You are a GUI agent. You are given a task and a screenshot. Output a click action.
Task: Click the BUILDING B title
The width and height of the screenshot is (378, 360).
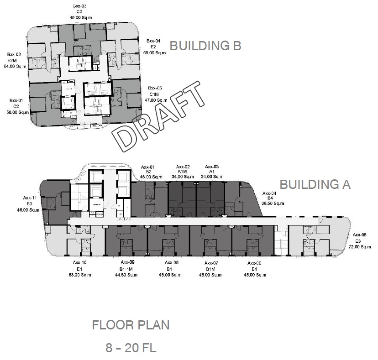click(x=205, y=46)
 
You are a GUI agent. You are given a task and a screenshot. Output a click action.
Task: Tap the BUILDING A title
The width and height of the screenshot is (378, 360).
click(x=315, y=184)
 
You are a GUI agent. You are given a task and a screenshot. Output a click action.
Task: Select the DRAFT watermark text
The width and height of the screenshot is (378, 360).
click(x=159, y=116)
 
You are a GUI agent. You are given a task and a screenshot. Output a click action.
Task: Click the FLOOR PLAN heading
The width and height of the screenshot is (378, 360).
click(x=131, y=325)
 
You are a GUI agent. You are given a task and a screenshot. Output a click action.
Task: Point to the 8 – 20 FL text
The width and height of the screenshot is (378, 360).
click(x=131, y=348)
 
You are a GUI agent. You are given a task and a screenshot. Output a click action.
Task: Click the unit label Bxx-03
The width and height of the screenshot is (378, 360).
click(x=79, y=6)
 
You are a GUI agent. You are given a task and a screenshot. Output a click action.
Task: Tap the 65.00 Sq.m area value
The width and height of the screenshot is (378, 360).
click(x=155, y=53)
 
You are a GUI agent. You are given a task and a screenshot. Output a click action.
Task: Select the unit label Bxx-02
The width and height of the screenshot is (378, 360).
click(x=15, y=54)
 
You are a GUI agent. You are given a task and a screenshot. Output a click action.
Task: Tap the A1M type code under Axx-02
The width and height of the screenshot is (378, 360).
click(x=183, y=172)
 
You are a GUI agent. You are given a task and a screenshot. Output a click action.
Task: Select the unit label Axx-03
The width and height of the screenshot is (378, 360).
click(x=212, y=167)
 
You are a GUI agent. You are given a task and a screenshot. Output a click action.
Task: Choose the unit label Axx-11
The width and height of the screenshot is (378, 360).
click(x=30, y=198)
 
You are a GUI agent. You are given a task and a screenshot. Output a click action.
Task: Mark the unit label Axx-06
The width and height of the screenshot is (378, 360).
click(x=254, y=263)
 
